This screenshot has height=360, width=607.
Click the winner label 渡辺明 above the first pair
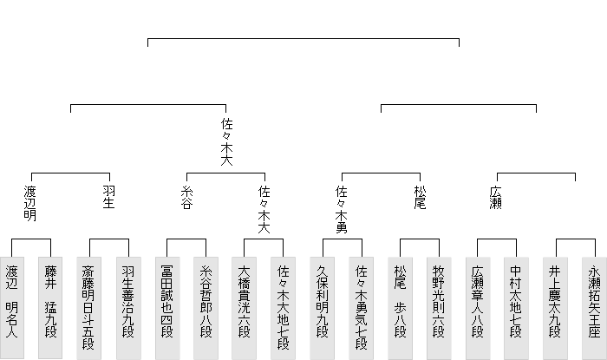pos(31,202)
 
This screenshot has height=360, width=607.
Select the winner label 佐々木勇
pos(342,208)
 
